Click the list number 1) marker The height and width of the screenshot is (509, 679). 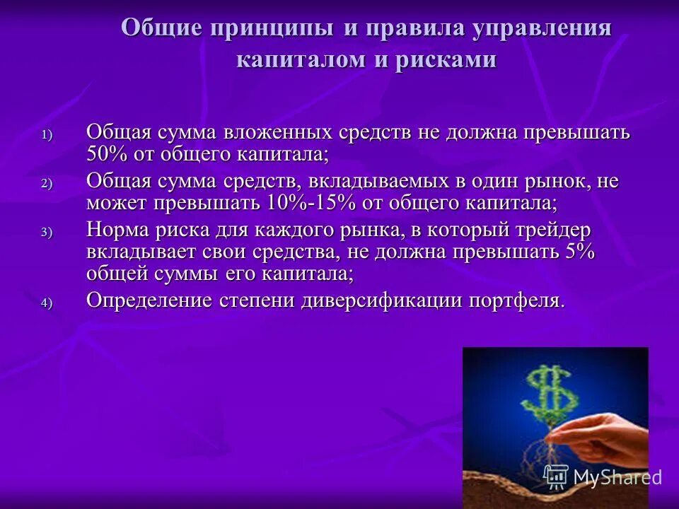[x=46, y=134]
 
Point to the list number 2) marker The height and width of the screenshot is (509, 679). [x=46, y=183]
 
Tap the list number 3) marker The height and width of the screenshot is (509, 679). [x=46, y=232]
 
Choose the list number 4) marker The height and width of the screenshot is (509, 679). [x=46, y=303]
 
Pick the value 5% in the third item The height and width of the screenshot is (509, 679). [x=581, y=252]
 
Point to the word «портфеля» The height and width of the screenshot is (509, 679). [x=515, y=300]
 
